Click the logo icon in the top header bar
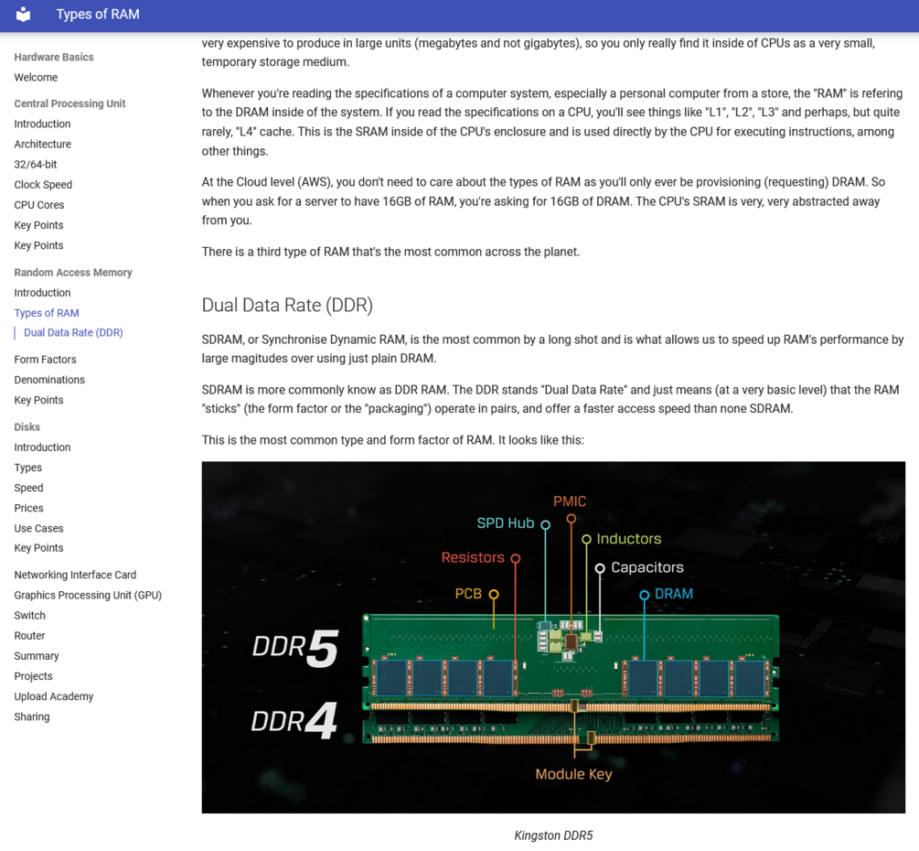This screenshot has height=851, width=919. (x=23, y=14)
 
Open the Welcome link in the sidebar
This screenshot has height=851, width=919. (x=36, y=78)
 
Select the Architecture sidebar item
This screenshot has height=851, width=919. (x=42, y=145)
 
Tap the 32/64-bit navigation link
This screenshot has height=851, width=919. (x=35, y=164)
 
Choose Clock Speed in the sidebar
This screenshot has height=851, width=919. (x=43, y=185)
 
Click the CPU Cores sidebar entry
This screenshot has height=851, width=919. (x=38, y=205)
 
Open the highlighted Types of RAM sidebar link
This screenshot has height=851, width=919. (x=47, y=313)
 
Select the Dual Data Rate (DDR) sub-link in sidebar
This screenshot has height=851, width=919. (x=73, y=332)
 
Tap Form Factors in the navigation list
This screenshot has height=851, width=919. (x=45, y=360)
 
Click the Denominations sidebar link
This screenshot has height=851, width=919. (x=49, y=380)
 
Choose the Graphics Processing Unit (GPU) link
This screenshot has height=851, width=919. (x=88, y=596)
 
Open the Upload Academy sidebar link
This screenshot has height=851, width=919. (x=54, y=696)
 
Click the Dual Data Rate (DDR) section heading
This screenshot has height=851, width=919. (x=287, y=305)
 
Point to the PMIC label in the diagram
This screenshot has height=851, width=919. (x=570, y=501)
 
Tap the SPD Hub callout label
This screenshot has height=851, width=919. (x=505, y=523)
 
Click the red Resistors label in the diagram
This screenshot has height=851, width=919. (x=473, y=557)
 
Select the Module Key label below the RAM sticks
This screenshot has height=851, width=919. (x=573, y=774)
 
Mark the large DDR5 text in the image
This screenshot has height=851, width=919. (x=295, y=648)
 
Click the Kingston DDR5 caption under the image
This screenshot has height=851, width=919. (x=553, y=835)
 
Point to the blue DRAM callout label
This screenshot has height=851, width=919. (x=673, y=594)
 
